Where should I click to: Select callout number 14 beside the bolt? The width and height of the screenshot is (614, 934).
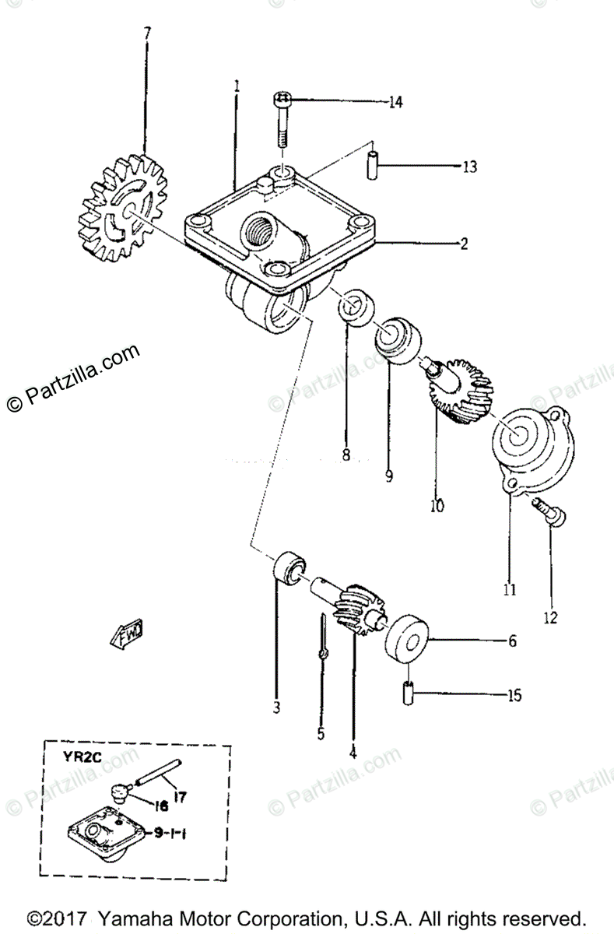[395, 102]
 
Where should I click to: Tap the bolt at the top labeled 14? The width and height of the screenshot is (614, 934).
[282, 118]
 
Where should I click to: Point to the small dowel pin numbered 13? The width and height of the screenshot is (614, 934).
[374, 166]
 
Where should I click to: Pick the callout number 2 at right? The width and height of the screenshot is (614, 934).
[464, 244]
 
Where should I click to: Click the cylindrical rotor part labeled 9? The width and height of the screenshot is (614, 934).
[397, 341]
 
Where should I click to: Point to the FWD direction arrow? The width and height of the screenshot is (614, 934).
[131, 636]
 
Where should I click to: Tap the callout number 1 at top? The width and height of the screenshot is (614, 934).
[237, 85]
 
